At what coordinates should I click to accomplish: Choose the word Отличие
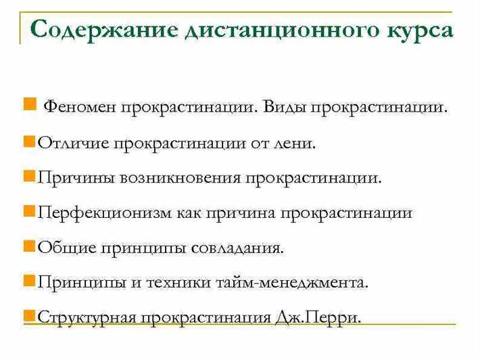point(73,143)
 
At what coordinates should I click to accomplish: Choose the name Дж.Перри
point(319,317)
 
